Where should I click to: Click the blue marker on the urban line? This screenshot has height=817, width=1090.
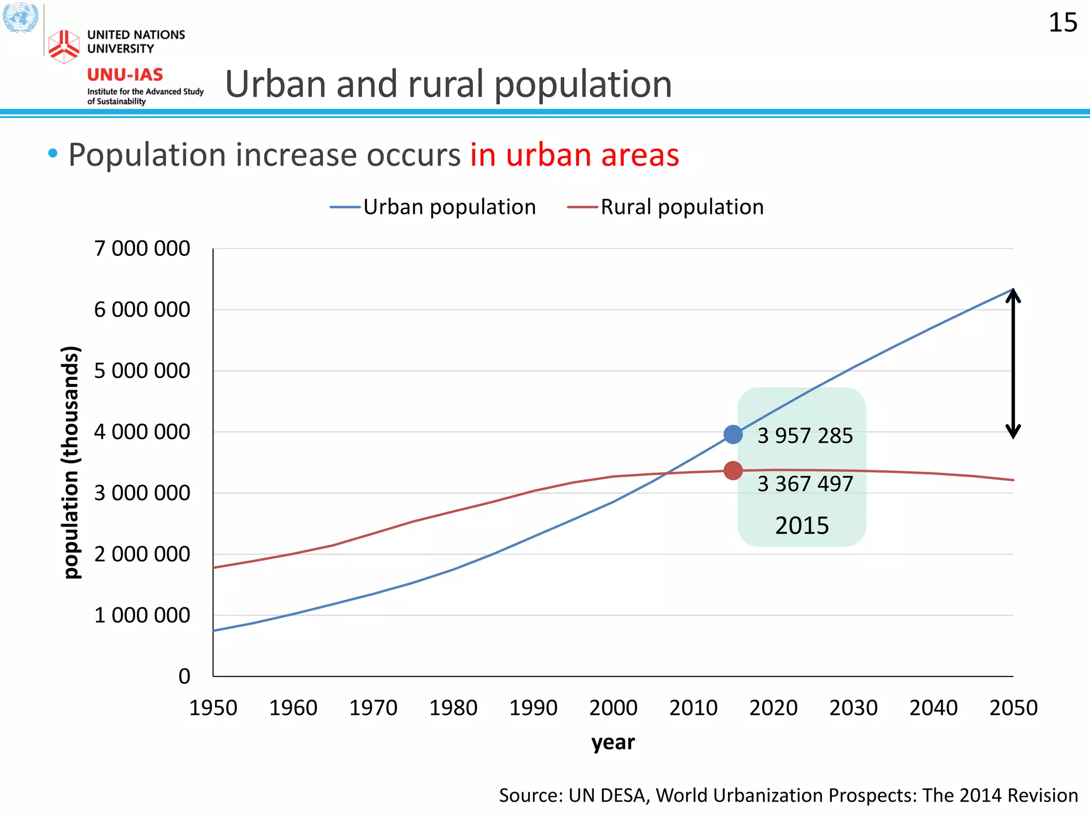(733, 435)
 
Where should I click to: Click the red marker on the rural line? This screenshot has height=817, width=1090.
(733, 471)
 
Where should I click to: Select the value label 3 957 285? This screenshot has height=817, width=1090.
(805, 436)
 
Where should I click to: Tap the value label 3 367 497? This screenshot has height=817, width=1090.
(805, 483)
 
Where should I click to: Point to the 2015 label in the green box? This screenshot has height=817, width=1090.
(802, 526)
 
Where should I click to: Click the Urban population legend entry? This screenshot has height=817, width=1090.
(449, 207)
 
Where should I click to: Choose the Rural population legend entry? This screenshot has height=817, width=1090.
(681, 207)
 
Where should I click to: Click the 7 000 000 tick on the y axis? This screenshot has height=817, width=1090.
(142, 248)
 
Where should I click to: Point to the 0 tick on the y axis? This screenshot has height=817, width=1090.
(184, 676)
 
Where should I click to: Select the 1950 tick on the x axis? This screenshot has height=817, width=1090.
(213, 708)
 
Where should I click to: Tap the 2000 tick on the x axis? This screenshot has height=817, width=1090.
(613, 708)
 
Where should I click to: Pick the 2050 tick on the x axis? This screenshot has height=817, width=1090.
(1013, 708)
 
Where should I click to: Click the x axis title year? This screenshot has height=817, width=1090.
(613, 742)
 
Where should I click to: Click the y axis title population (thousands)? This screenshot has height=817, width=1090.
(71, 462)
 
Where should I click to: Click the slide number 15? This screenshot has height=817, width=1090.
(1062, 23)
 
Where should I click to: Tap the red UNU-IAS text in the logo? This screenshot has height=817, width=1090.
(125, 74)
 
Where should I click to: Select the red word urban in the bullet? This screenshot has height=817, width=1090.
(548, 155)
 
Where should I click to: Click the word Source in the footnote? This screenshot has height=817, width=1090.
(530, 795)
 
